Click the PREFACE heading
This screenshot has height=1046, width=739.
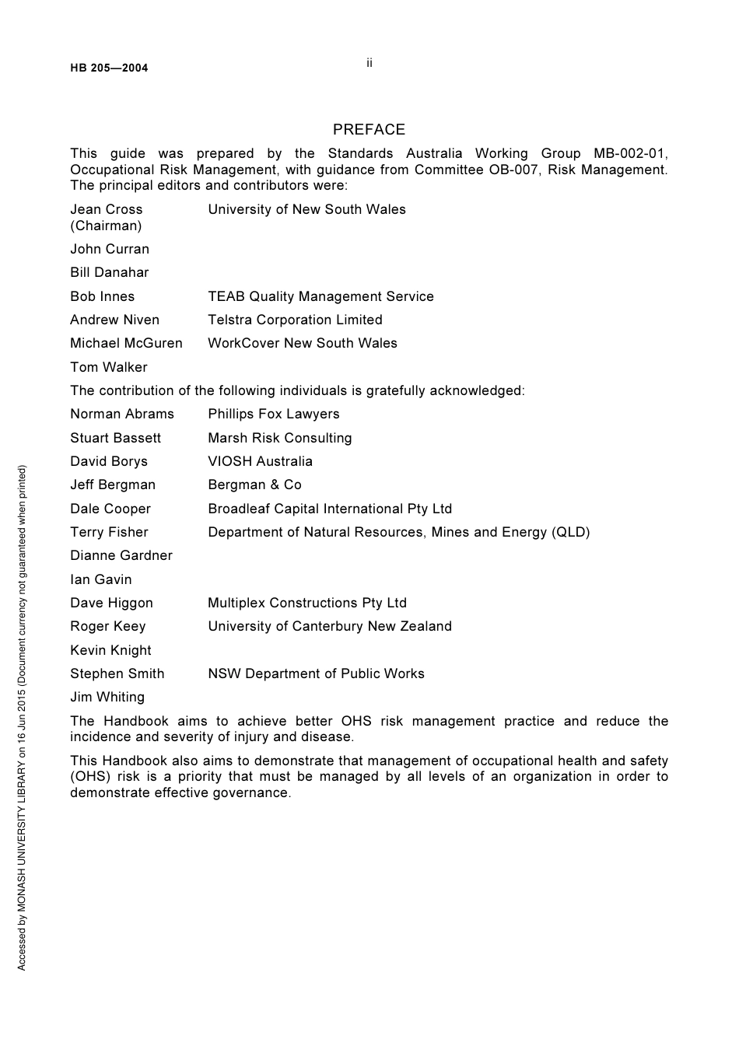(369, 130)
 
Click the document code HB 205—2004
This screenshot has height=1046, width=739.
(109, 68)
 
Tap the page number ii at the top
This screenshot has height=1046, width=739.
(369, 63)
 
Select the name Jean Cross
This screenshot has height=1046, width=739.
(107, 209)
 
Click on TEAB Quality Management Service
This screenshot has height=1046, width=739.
(320, 296)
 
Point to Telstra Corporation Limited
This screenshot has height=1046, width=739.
(295, 320)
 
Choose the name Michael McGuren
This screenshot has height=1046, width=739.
(126, 343)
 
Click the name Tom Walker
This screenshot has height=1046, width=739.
(108, 367)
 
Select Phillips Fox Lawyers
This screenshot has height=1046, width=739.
(273, 414)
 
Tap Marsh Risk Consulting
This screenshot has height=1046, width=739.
(279, 438)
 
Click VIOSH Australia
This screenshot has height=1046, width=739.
(260, 461)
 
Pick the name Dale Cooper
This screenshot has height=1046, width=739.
(110, 509)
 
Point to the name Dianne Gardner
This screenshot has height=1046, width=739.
(121, 555)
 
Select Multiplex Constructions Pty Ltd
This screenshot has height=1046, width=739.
(307, 603)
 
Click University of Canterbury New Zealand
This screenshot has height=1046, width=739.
(329, 626)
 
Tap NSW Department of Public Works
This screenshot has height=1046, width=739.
(316, 673)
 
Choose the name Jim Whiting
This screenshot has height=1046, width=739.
(107, 697)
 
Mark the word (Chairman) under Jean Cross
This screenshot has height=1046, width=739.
(106, 226)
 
